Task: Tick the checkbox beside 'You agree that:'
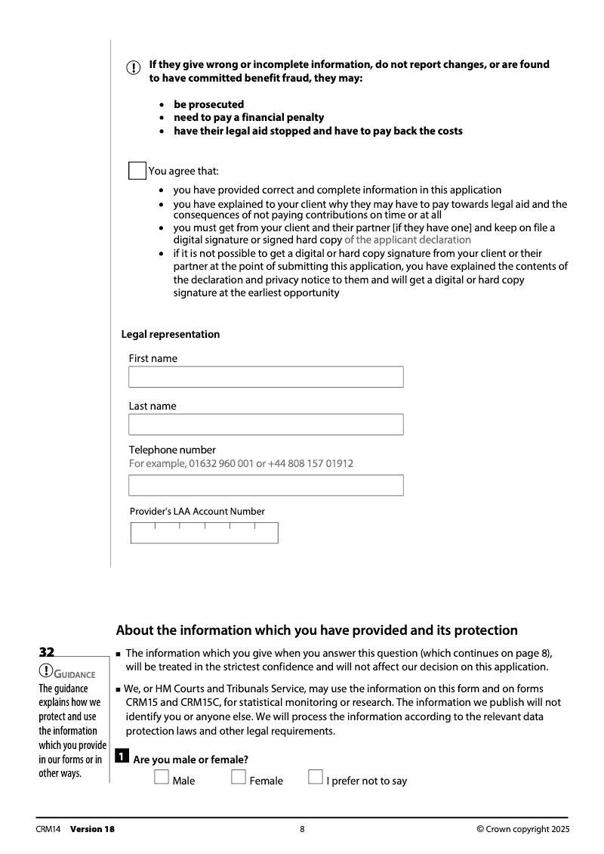[x=137, y=170]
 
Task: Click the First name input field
[x=266, y=377]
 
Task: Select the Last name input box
[x=266, y=424]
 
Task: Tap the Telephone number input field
[x=266, y=485]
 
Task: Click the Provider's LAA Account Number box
[x=204, y=533]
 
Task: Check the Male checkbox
[x=161, y=778]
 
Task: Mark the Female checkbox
[x=239, y=778]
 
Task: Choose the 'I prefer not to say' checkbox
[x=316, y=778]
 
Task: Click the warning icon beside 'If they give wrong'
[x=133, y=69]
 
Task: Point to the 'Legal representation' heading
[x=171, y=334]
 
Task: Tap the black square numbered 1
[x=122, y=758]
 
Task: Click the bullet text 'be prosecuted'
[x=208, y=104]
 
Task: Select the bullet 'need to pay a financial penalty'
[x=248, y=117]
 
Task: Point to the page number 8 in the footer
[x=302, y=829]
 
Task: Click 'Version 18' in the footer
[x=92, y=829]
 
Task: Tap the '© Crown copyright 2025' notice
[x=523, y=829]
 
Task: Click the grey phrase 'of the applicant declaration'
[x=407, y=240]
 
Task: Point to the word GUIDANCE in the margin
[x=75, y=674]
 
